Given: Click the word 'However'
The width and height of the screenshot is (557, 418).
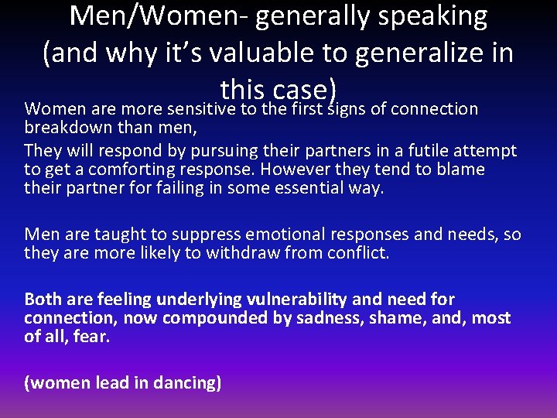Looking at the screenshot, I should coord(300,169).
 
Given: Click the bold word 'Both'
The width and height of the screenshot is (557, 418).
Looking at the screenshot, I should coord(43,300).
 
